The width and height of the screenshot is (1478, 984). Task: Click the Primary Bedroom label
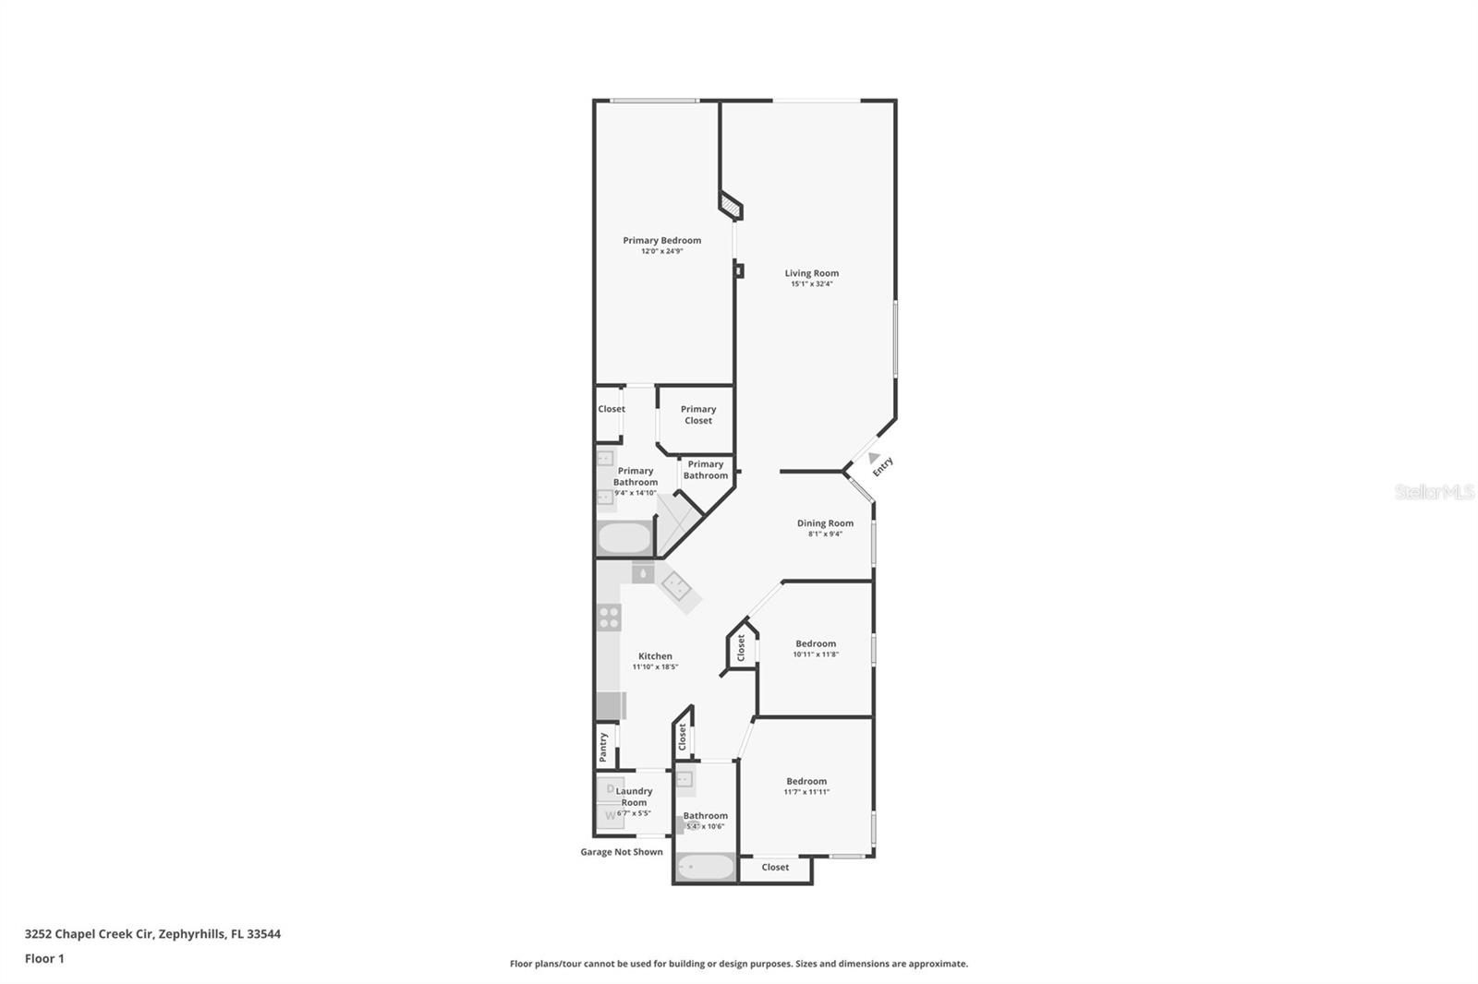pyautogui.click(x=661, y=240)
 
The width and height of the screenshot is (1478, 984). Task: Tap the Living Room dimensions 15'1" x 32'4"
pyautogui.click(x=811, y=284)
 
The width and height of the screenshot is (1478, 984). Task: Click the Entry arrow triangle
pyautogui.click(x=874, y=457)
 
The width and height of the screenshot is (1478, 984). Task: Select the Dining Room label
pyautogui.click(x=825, y=523)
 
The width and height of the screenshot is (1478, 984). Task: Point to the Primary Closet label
pyautogui.click(x=698, y=414)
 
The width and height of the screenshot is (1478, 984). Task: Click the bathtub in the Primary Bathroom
pyautogui.click(x=624, y=537)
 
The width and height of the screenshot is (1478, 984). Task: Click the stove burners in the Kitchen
pyautogui.click(x=609, y=617)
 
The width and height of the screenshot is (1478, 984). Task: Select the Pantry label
pyautogui.click(x=603, y=746)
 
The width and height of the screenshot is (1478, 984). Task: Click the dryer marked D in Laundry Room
pyautogui.click(x=610, y=789)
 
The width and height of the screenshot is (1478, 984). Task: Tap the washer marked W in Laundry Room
pyautogui.click(x=610, y=815)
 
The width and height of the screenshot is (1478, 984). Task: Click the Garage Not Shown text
pyautogui.click(x=621, y=852)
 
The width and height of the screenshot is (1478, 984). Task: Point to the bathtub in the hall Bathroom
pyautogui.click(x=705, y=868)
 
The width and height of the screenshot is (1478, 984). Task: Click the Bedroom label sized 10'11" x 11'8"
pyautogui.click(x=816, y=643)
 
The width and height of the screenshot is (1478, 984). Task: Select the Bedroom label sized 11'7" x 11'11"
pyautogui.click(x=806, y=781)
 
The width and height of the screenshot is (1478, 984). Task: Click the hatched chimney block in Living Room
pyautogui.click(x=731, y=205)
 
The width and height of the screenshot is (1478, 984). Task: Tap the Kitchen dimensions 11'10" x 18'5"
pyautogui.click(x=655, y=666)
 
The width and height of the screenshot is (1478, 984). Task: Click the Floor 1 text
pyautogui.click(x=44, y=958)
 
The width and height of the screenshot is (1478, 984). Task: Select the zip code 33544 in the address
pyautogui.click(x=263, y=933)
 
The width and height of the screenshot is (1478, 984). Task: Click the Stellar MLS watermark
pyautogui.click(x=1434, y=492)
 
